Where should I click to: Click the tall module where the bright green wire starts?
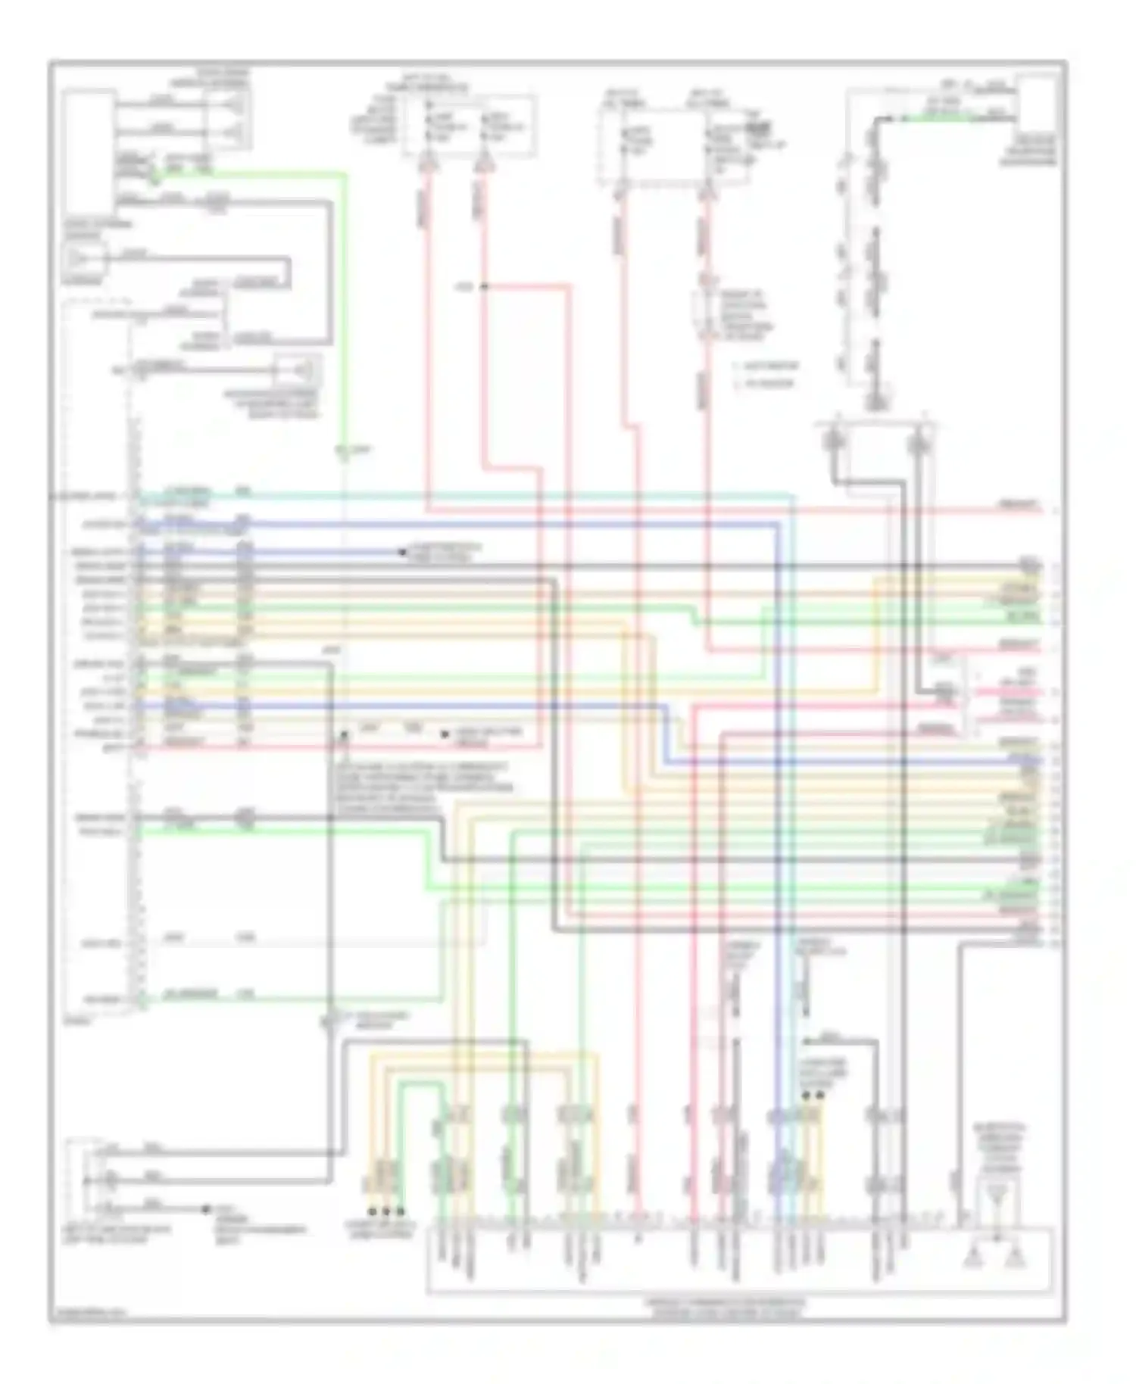point(89,151)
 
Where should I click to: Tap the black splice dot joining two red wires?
point(482,287)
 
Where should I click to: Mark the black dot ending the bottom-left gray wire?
point(205,1209)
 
